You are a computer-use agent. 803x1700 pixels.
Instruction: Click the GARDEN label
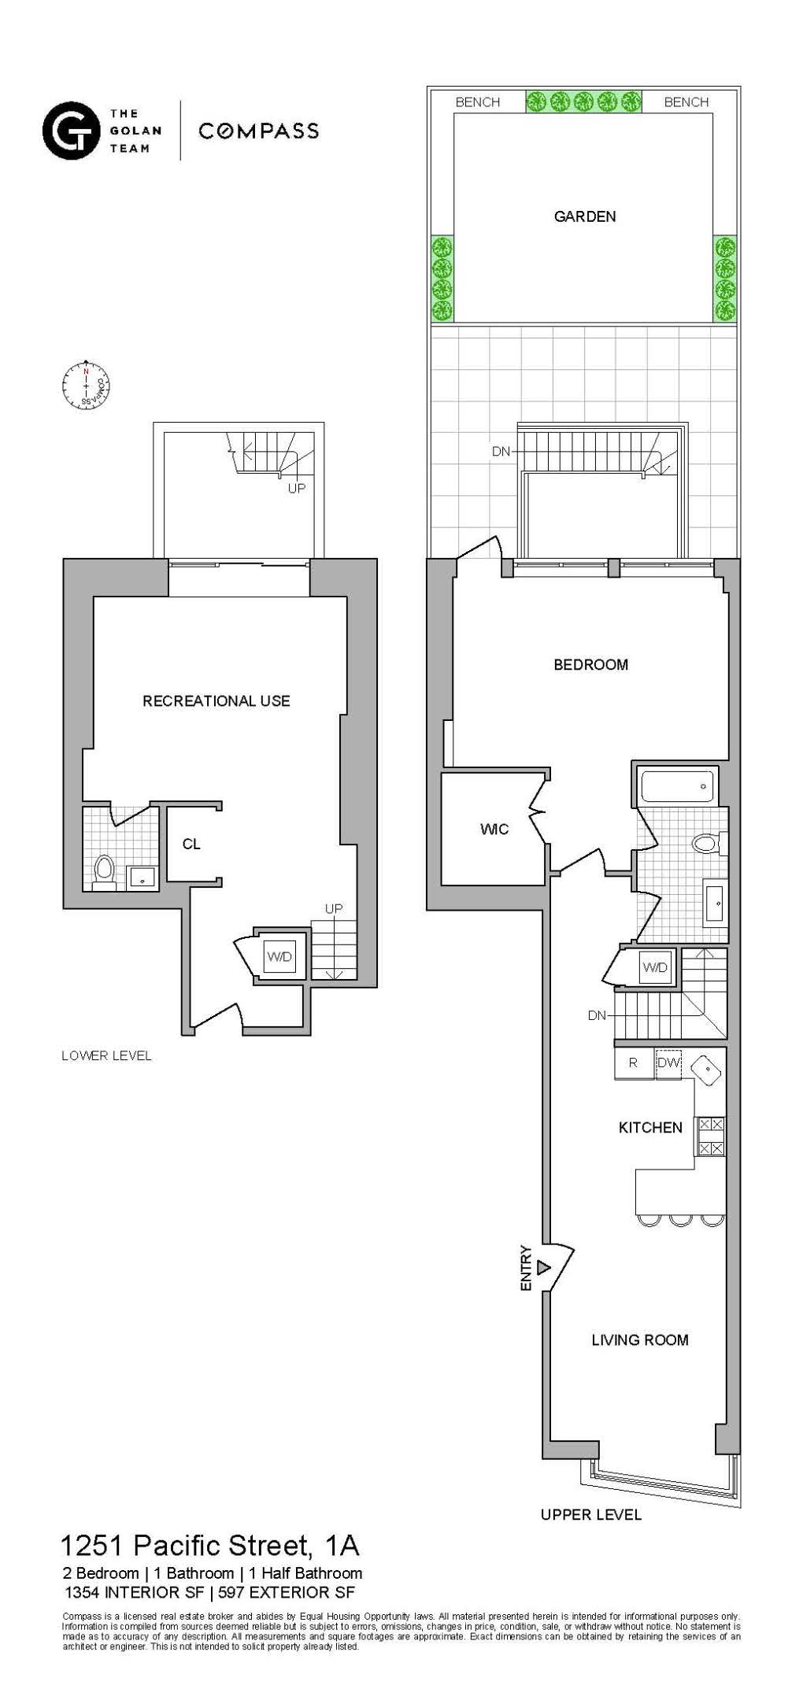pyautogui.click(x=584, y=216)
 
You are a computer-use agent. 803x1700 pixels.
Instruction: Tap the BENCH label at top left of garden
pyautogui.click(x=477, y=102)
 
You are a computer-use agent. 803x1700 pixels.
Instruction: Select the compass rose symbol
pyautogui.click(x=86, y=386)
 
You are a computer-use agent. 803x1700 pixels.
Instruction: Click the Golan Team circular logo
pyautogui.click(x=71, y=131)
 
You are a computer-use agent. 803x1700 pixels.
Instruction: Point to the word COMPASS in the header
pyautogui.click(x=258, y=131)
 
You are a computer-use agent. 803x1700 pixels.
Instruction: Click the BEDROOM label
pyautogui.click(x=590, y=665)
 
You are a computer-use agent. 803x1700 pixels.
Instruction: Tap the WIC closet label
pyautogui.click(x=494, y=829)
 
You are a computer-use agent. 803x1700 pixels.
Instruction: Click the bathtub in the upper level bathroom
pyautogui.click(x=677, y=786)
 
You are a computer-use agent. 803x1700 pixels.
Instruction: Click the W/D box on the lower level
pyautogui.click(x=279, y=957)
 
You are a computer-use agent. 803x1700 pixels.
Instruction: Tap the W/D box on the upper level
pyautogui.click(x=655, y=967)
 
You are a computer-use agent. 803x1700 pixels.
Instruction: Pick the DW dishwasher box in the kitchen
pyautogui.click(x=668, y=1063)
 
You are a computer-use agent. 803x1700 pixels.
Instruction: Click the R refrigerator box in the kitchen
pyautogui.click(x=633, y=1063)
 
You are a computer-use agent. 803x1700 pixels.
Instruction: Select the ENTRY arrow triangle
pyautogui.click(x=543, y=1268)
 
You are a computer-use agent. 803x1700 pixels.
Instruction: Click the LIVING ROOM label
pyautogui.click(x=639, y=1340)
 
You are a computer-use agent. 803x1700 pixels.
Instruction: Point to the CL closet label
pyautogui.click(x=191, y=844)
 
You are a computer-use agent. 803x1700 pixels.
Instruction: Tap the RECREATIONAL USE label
pyautogui.click(x=216, y=701)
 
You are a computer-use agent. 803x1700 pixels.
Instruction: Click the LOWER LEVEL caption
pyautogui.click(x=106, y=1056)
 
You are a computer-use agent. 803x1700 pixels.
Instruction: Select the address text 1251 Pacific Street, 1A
pyautogui.click(x=209, y=1546)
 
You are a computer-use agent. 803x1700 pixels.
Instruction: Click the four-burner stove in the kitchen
pyautogui.click(x=711, y=1136)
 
